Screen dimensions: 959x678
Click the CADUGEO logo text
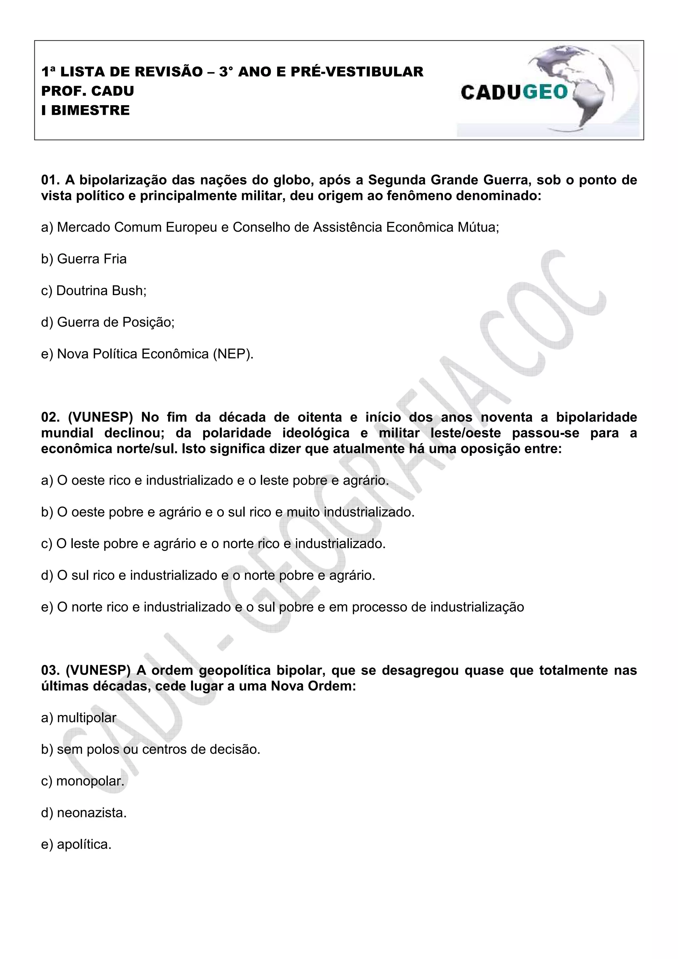[514, 92]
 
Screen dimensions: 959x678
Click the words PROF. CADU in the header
[88, 91]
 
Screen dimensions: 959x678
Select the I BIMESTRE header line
[86, 110]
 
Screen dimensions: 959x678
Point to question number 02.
[51, 417]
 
